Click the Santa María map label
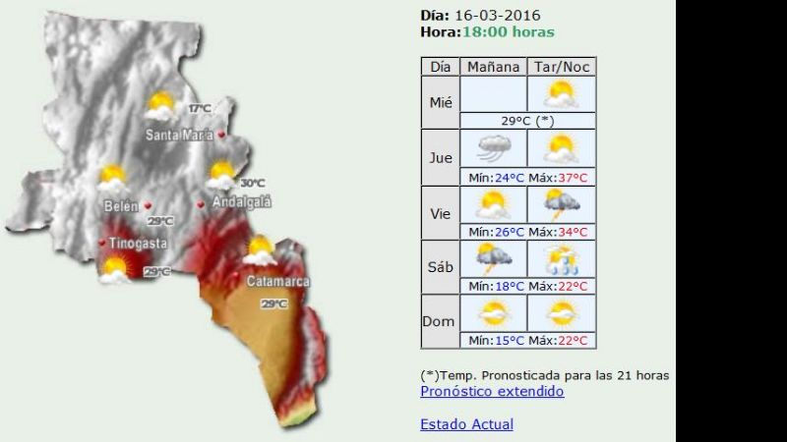pos(178,136)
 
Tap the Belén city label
pos(120,205)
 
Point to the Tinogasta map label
pos(138,243)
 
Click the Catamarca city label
pos(277,282)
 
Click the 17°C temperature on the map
pos(200,108)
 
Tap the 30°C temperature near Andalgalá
pos(253,183)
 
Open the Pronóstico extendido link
pos(492,391)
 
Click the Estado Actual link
pos(466,424)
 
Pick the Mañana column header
pos(493,67)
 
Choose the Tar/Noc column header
pos(561,67)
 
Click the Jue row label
pos(441,156)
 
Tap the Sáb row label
pos(441,266)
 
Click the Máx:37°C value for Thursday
pos(561,178)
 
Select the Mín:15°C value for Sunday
pos(493,341)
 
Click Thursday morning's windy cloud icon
pos(493,149)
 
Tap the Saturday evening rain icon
pos(561,259)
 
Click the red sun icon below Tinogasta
pos(116,267)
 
